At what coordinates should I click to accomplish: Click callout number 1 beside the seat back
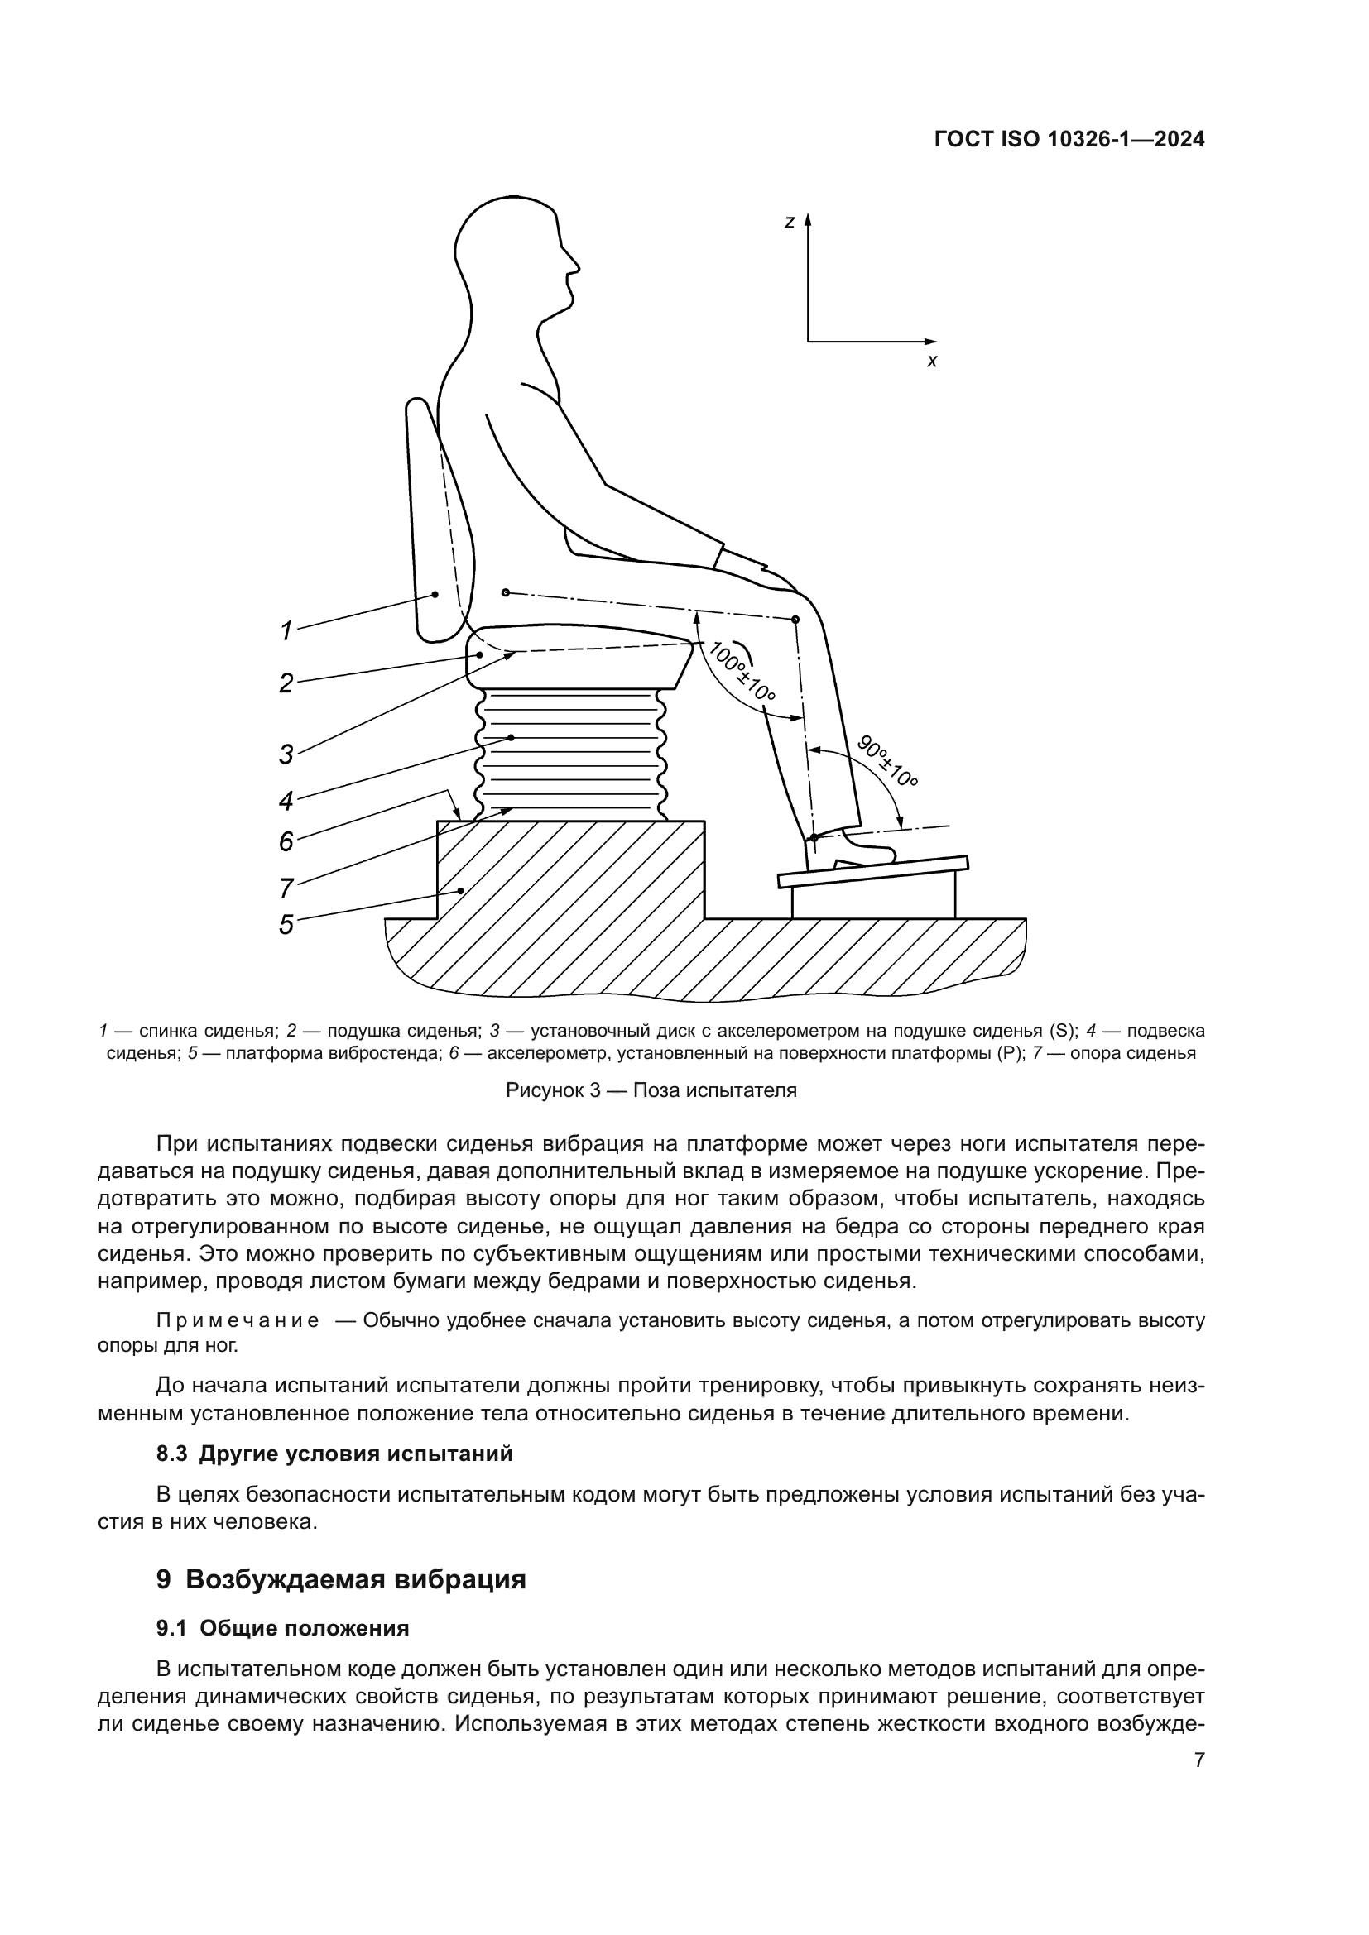[x=286, y=630]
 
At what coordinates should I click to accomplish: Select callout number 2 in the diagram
[x=286, y=682]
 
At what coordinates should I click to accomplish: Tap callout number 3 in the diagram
[x=286, y=754]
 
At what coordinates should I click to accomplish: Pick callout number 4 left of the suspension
[x=286, y=801]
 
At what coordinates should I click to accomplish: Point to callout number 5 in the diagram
[x=286, y=925]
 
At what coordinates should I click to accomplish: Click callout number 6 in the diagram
[x=286, y=841]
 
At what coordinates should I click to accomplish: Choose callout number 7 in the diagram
[x=286, y=888]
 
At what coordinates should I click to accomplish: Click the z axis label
[x=789, y=223]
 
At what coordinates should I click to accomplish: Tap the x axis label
[x=931, y=362]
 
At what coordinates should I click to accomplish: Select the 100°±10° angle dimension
[x=741, y=672]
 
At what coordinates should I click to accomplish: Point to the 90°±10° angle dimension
[x=886, y=761]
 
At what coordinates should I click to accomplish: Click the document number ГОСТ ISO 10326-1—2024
[x=1069, y=140]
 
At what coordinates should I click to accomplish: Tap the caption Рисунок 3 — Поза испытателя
[x=651, y=1090]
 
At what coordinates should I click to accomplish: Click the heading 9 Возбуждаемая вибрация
[x=341, y=1578]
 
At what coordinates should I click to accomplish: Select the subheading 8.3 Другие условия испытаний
[x=334, y=1453]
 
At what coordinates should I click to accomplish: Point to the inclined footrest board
[x=872, y=870]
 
